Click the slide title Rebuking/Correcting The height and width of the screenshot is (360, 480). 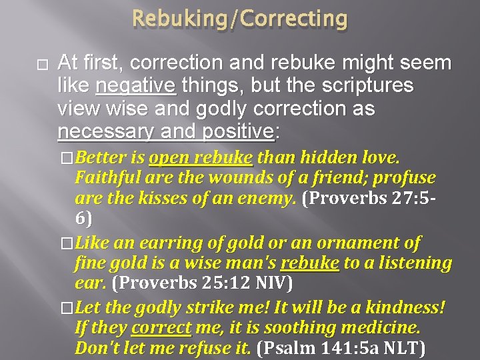pos(239,19)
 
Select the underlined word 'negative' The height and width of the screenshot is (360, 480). pos(136,86)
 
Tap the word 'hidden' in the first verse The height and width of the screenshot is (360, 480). pos(331,159)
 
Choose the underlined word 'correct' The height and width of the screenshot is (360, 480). pos(161,329)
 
